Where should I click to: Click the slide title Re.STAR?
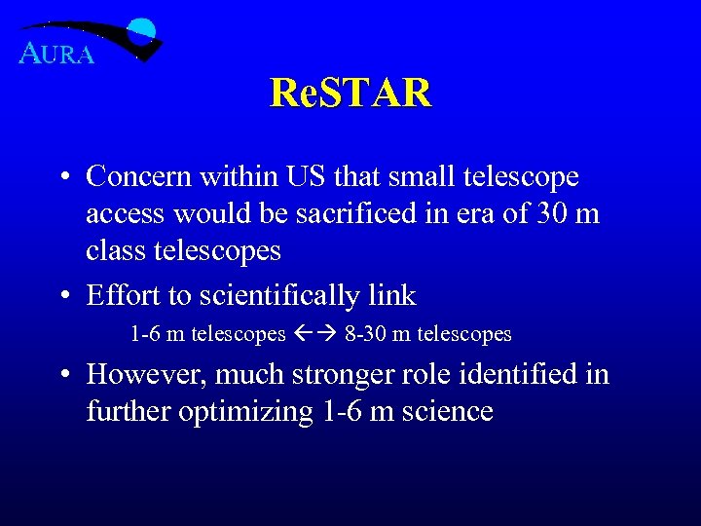tap(350, 94)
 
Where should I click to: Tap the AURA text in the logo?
tap(56, 55)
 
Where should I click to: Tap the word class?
tap(115, 251)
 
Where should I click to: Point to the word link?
tap(389, 295)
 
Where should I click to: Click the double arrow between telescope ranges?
tap(314, 334)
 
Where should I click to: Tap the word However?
tap(146, 375)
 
